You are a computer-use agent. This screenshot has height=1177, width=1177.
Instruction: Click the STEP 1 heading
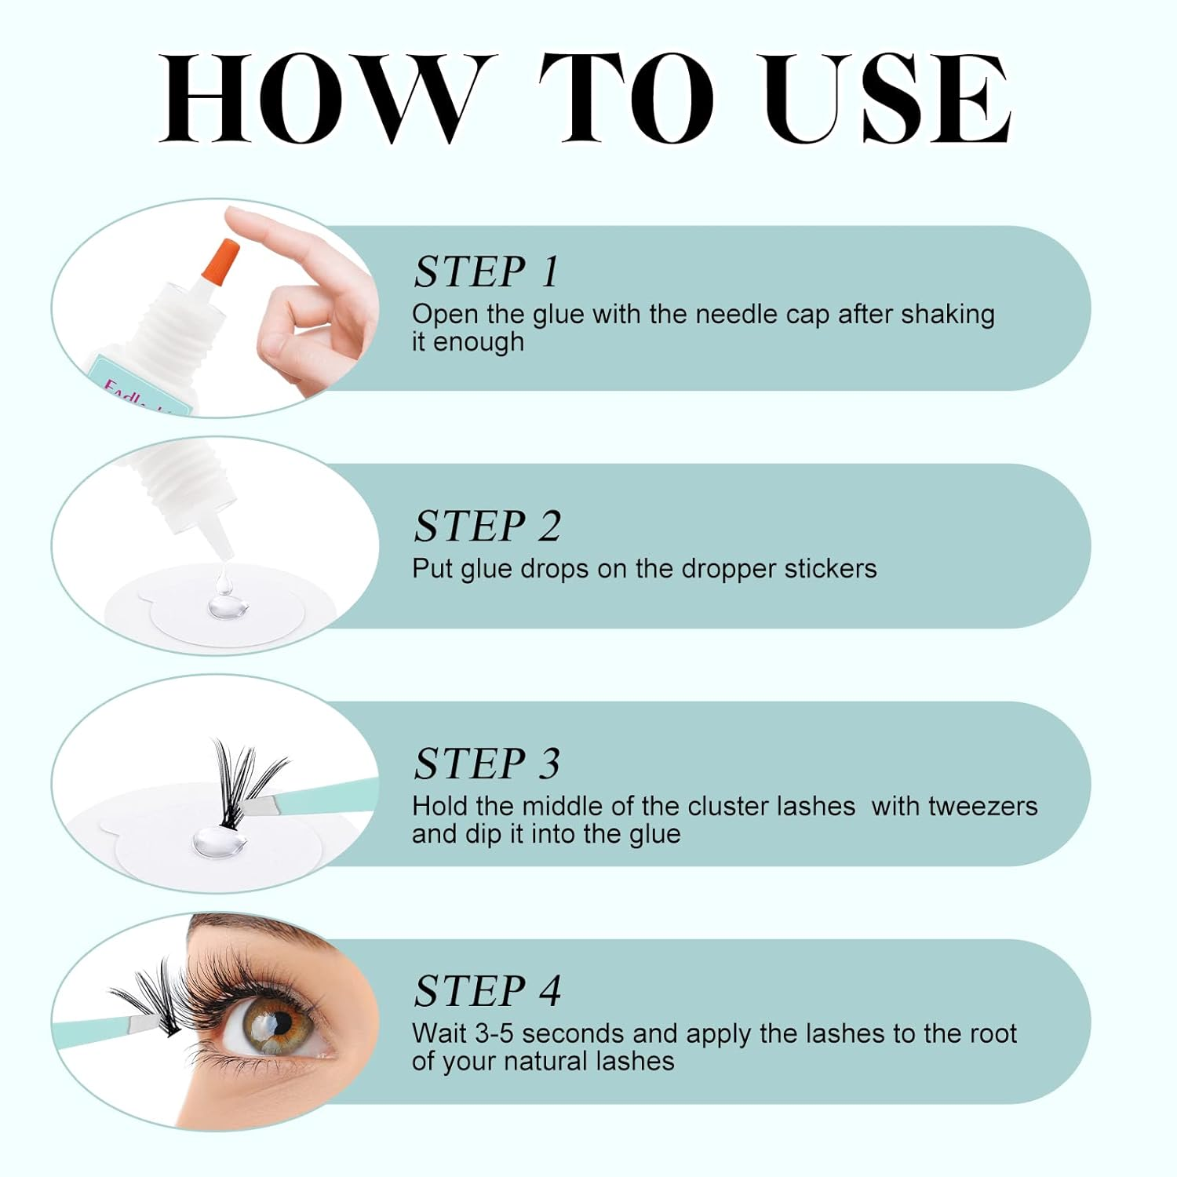tap(486, 272)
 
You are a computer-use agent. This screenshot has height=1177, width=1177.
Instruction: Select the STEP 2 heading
tap(487, 526)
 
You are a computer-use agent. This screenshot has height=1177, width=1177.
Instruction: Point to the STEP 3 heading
tap(487, 763)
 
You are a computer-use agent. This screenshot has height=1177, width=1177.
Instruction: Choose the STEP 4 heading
tap(487, 990)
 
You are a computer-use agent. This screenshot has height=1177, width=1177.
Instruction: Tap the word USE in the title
tap(887, 99)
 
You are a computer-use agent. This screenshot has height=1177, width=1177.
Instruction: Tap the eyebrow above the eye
tap(259, 930)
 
